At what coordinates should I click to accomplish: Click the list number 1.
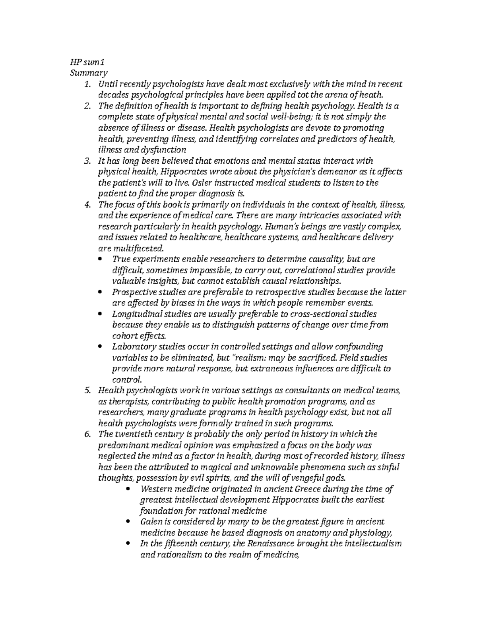(87, 84)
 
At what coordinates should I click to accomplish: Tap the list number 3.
(87, 161)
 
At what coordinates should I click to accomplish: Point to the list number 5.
(87, 391)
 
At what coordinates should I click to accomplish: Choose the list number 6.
(87, 434)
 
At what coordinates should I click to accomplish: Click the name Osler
(202, 183)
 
